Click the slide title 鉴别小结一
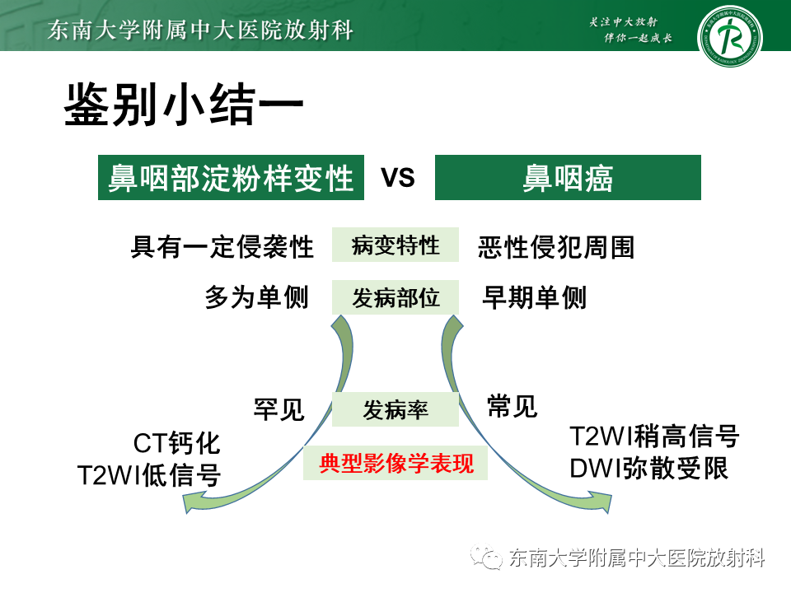(185, 105)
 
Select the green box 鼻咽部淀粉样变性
(231, 178)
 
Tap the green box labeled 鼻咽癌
(568, 178)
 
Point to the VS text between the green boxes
(398, 178)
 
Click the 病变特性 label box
(395, 245)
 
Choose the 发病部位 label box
(395, 297)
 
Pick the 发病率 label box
(395, 409)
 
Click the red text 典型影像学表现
(395, 464)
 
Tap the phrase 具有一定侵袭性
(222, 246)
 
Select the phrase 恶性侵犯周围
(556, 246)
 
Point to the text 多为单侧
(256, 297)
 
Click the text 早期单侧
(534, 297)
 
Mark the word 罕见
(279, 409)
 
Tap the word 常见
(512, 405)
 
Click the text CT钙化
(177, 444)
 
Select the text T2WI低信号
(149, 475)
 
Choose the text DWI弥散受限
(649, 468)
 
